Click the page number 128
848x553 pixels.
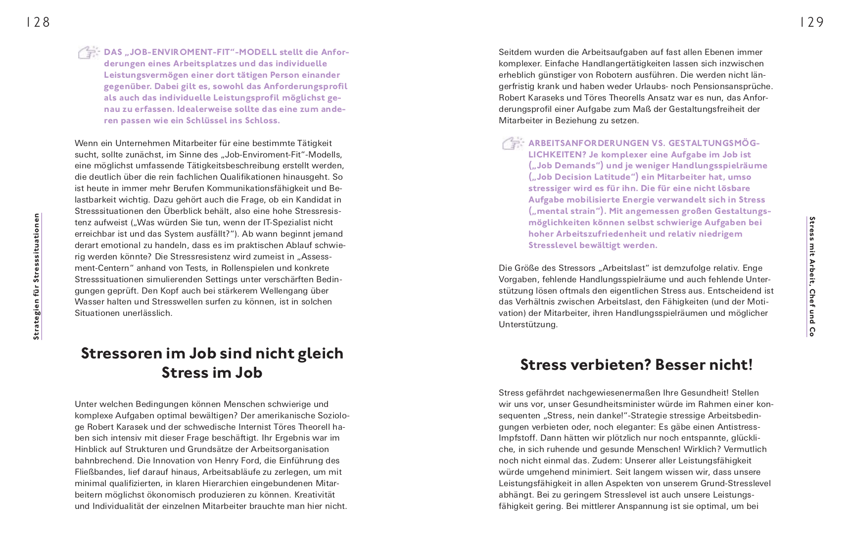click(x=39, y=22)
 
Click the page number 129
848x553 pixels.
click(x=812, y=22)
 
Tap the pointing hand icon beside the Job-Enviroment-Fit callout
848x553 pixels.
click(x=89, y=52)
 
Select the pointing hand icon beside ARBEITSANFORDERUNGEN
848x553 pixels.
click(x=513, y=144)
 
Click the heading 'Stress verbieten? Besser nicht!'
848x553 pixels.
click(x=636, y=365)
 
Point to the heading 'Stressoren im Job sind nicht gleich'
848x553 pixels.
click(x=212, y=353)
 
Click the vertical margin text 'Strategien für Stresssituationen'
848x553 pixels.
click(x=36, y=276)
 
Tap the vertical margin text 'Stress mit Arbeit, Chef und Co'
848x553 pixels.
click(x=812, y=276)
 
